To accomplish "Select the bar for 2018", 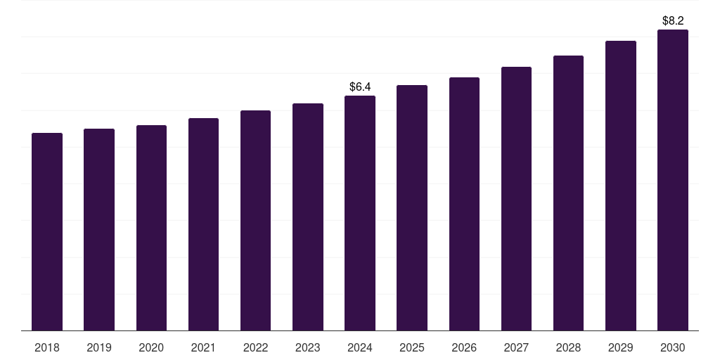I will (47, 231).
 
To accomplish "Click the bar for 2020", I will (151, 228).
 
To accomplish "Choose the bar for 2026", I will (464, 204).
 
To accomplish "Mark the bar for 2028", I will (568, 193).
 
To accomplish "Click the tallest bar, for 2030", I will (672, 180).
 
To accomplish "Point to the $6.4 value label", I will (360, 87).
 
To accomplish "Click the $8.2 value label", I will (673, 21).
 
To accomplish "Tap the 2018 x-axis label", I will (47, 347).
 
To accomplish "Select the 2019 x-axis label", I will (99, 347).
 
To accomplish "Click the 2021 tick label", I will (203, 347).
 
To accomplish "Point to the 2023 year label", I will (307, 347).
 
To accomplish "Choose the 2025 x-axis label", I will (412, 347).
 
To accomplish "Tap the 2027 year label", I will (516, 347).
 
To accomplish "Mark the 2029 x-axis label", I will (620, 347).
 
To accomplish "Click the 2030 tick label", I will (672, 347).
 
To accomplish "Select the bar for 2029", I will (620, 186).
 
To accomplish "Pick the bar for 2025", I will (412, 207).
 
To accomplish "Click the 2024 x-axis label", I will (360, 347).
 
